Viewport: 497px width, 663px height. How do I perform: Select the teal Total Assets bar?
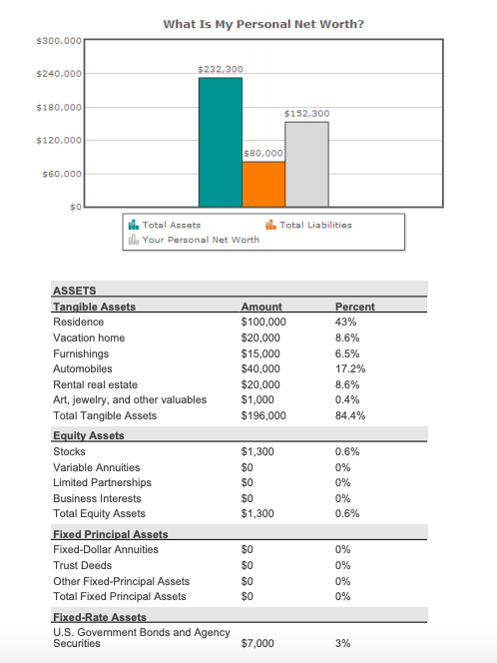[220, 141]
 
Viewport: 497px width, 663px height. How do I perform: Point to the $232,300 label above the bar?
[221, 69]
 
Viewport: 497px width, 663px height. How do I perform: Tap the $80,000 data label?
[263, 153]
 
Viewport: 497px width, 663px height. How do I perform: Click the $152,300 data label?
[306, 114]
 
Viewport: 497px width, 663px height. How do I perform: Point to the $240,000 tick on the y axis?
[57, 74]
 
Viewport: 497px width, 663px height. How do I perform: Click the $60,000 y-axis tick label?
[60, 175]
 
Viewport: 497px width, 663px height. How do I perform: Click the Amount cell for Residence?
[263, 323]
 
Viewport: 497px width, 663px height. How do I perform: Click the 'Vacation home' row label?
[89, 338]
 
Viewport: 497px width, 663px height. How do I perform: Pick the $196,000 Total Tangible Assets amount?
[263, 415]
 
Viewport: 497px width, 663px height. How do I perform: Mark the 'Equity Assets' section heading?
[88, 436]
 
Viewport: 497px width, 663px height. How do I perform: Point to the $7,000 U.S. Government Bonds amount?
[257, 644]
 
